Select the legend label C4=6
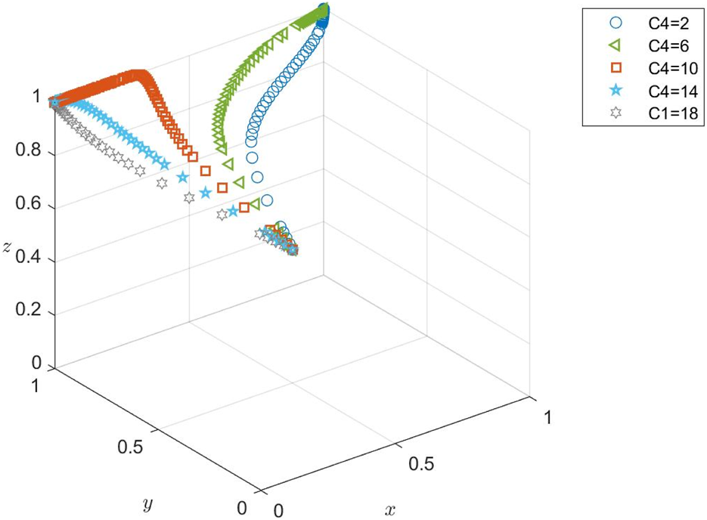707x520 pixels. click(x=666, y=46)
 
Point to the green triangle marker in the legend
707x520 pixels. click(x=615, y=46)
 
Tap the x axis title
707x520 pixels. click(x=390, y=510)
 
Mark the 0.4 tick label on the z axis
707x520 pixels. click(x=29, y=260)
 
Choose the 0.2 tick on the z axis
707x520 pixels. click(x=29, y=313)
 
